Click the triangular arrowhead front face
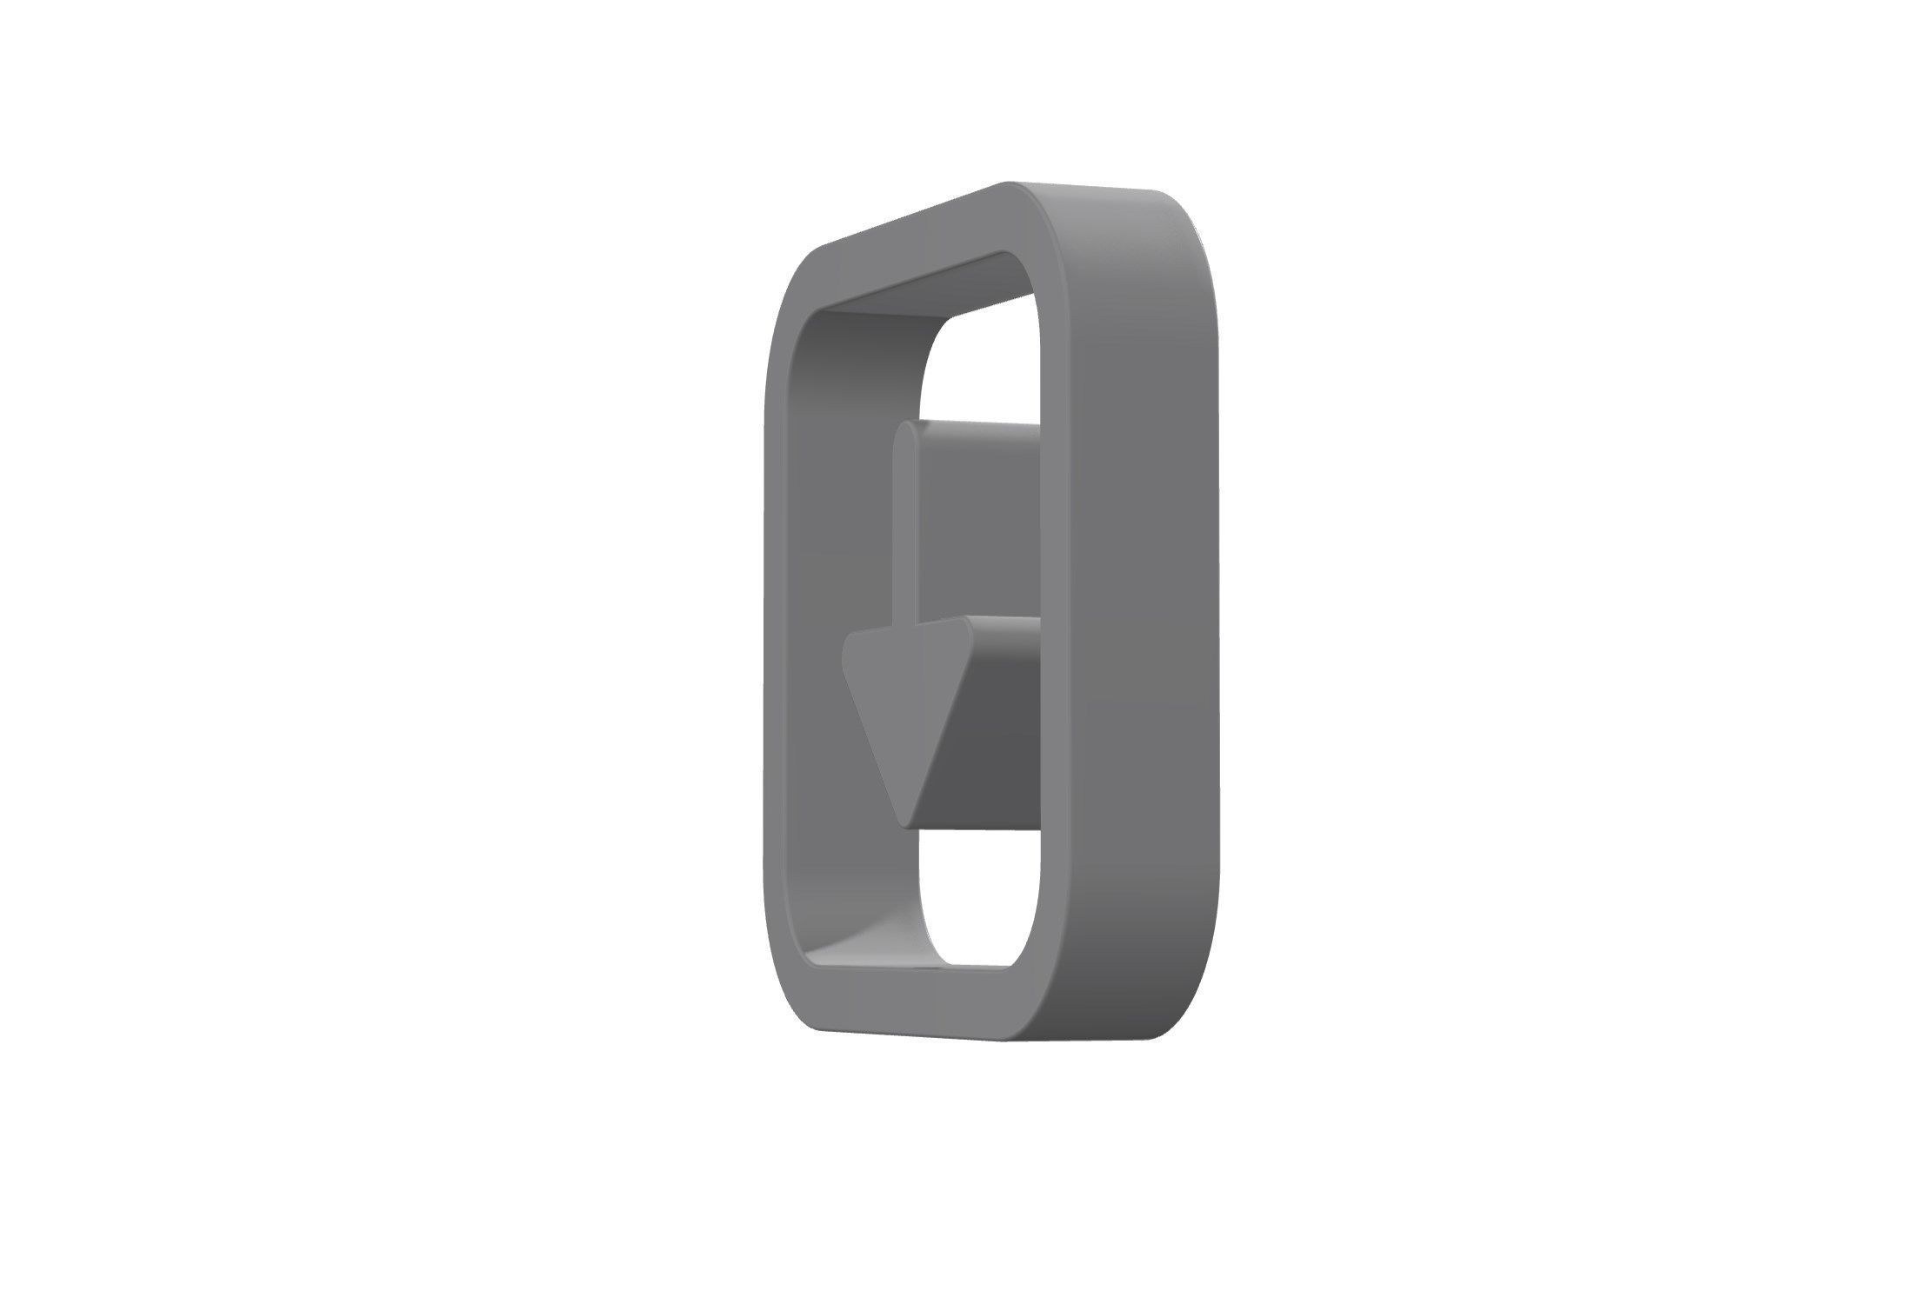coord(904,687)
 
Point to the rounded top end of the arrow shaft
coord(906,428)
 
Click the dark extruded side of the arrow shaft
coord(978,522)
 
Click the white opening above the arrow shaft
coord(983,365)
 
